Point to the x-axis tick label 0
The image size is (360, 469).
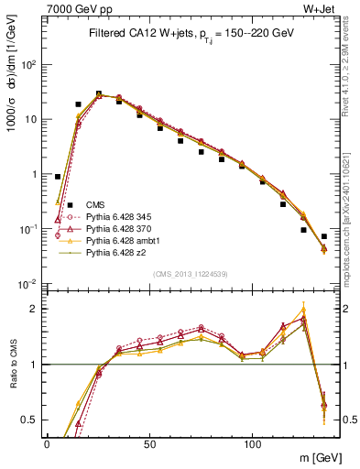click(47, 443)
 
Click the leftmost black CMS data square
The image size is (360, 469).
click(58, 177)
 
